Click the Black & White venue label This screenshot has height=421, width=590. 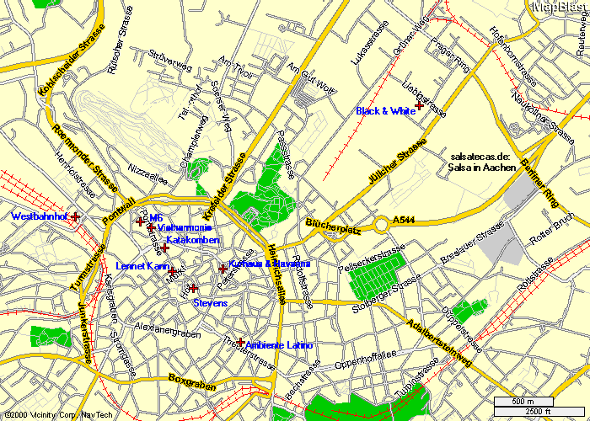point(385,111)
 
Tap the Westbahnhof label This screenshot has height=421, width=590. point(38,216)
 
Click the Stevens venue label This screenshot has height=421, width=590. point(210,302)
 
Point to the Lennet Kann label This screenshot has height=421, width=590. point(142,266)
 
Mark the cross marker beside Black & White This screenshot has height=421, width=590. point(419,105)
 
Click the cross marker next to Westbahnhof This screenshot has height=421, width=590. point(76,216)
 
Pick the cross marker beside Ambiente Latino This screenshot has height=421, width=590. point(241,342)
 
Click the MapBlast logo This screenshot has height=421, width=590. point(559,7)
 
